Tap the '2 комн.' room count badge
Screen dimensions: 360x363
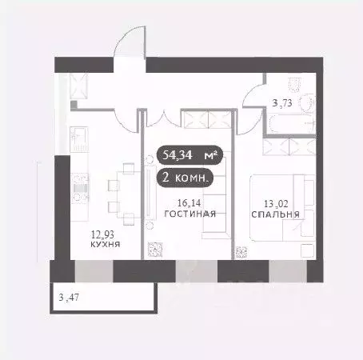[x=185, y=178]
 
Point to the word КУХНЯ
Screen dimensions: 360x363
[x=105, y=245]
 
